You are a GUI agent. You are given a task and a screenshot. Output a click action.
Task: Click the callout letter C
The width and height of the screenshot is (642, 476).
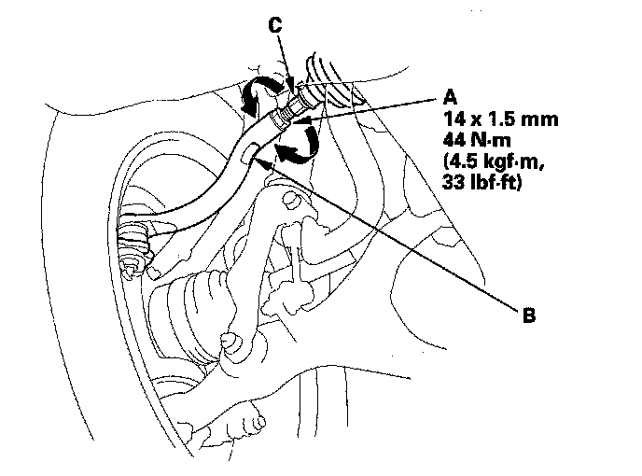point(274,27)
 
